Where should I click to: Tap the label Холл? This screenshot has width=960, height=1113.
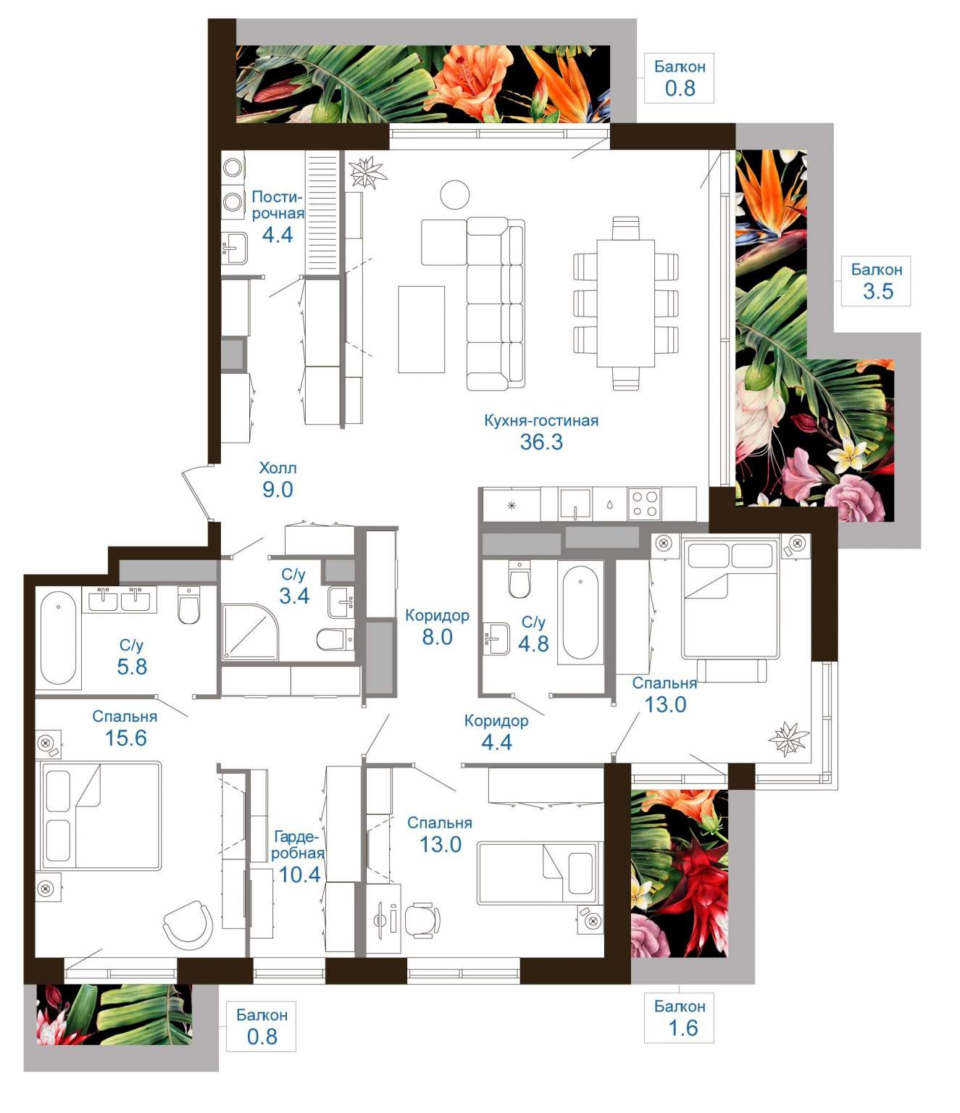click(277, 467)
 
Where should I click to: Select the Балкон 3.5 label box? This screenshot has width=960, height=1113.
click(876, 280)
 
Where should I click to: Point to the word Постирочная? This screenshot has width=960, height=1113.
click(277, 205)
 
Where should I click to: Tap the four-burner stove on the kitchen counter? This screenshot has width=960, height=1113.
click(645, 504)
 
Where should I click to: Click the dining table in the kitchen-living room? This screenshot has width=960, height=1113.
click(626, 303)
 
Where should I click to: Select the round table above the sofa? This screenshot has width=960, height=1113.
click(455, 194)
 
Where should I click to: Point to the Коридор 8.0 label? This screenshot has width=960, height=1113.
click(437, 626)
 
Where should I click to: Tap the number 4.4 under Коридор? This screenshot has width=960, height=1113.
click(496, 742)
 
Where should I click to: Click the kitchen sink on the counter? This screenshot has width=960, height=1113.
click(575, 504)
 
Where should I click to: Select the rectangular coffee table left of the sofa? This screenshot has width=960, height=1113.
click(422, 329)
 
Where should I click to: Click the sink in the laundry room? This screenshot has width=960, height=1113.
click(235, 249)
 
